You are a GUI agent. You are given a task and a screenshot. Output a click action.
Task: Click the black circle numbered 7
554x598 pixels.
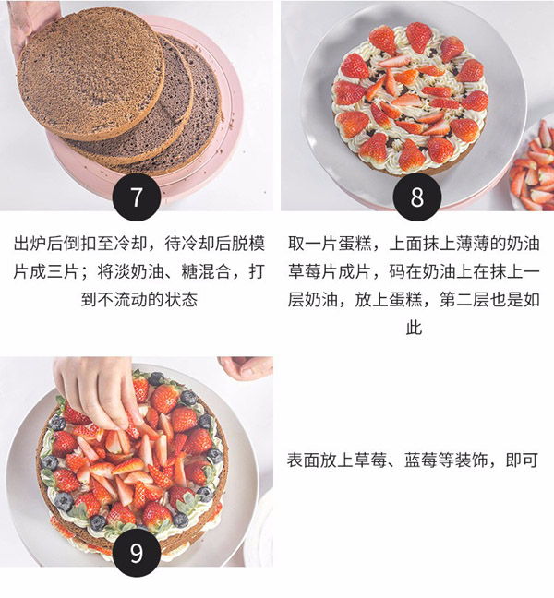[x=137, y=198]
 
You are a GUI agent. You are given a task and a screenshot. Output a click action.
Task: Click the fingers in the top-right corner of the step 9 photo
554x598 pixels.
[x=247, y=367]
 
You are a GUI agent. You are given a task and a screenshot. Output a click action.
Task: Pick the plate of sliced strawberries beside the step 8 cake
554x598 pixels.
[x=535, y=166]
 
